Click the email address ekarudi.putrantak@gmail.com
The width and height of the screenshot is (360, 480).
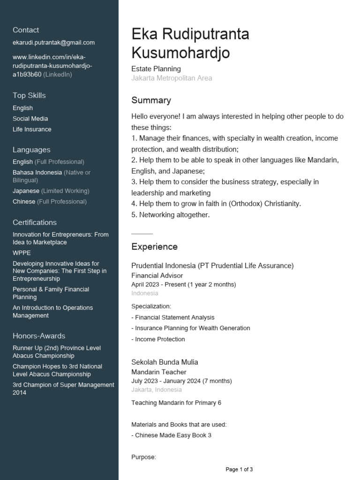(53, 43)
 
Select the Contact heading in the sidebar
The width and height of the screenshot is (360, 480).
(26, 30)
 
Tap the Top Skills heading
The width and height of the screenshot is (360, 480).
(29, 96)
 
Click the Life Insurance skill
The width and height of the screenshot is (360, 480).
(32, 129)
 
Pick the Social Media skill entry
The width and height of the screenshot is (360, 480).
(30, 119)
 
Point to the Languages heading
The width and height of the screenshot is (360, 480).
(31, 150)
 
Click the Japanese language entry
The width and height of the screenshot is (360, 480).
(26, 191)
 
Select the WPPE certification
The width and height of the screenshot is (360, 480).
(22, 253)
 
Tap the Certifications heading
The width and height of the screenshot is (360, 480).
(35, 223)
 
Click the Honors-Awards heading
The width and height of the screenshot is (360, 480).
(39, 336)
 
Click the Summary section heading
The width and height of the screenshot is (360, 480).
(151, 100)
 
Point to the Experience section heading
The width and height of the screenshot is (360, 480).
(154, 247)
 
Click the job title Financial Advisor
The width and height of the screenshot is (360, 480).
(157, 276)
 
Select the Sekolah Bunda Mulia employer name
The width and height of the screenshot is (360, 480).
(165, 362)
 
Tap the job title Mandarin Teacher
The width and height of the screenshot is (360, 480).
(158, 372)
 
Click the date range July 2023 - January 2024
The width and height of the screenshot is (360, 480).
(181, 381)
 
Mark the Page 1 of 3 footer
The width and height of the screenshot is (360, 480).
(239, 469)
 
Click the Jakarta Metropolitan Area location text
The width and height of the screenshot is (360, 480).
(172, 78)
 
